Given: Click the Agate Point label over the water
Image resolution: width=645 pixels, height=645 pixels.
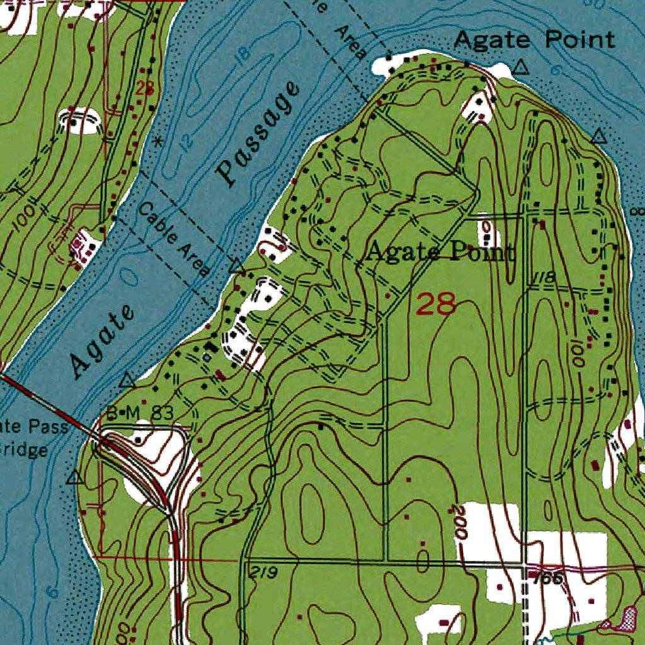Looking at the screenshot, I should [x=534, y=40].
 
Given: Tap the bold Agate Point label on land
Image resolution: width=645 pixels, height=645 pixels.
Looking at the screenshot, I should [x=440, y=253].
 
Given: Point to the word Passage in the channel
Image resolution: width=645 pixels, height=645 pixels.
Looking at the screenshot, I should [x=258, y=134].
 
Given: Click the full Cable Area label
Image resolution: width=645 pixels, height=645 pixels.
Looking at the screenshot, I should [x=174, y=239].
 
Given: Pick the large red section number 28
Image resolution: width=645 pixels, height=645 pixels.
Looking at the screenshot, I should [x=436, y=305].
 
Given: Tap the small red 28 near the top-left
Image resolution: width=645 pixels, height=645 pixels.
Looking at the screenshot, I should [x=145, y=88].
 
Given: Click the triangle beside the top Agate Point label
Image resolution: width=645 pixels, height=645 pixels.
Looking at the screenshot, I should [x=520, y=67].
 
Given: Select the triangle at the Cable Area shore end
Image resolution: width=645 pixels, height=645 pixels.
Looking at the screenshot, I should [x=236, y=266].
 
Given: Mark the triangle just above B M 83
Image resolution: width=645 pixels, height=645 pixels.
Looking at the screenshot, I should [x=127, y=380].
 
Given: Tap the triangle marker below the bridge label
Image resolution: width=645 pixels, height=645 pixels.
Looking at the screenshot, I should [x=75, y=477].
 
